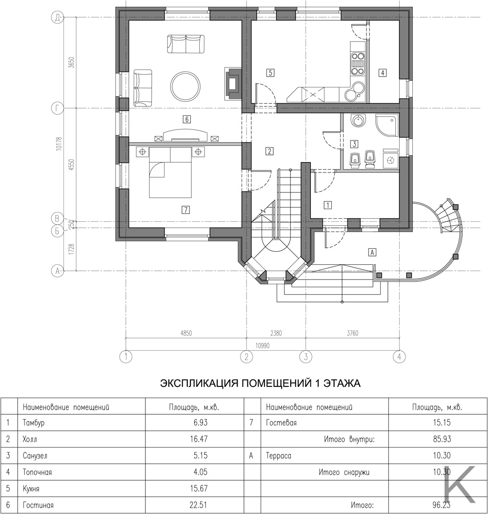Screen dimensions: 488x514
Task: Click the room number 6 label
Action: [x=187, y=119]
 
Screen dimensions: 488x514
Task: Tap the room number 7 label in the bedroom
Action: [x=186, y=210]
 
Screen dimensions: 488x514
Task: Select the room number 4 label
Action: [x=383, y=72]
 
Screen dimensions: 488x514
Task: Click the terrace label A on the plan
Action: [x=372, y=252]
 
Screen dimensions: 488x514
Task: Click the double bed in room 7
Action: [x=170, y=172]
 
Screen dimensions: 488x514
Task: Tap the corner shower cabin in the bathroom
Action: [x=387, y=125]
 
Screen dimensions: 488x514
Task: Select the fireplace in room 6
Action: [x=233, y=84]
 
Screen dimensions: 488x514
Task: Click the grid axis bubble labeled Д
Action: [x=57, y=18]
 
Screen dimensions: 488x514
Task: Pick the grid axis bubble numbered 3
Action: [x=306, y=356]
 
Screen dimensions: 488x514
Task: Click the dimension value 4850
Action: [x=186, y=333]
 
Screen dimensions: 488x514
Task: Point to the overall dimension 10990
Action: [x=263, y=346]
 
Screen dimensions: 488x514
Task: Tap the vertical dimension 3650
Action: [x=72, y=62]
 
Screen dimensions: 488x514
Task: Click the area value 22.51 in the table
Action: [x=199, y=505]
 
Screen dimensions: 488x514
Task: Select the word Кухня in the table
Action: [x=31, y=489]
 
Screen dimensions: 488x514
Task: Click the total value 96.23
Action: [x=442, y=505]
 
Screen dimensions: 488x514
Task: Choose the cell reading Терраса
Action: [x=278, y=456]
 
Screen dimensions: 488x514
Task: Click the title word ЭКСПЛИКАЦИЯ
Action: [x=199, y=383]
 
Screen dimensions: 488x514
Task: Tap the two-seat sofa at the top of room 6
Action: [x=186, y=44]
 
